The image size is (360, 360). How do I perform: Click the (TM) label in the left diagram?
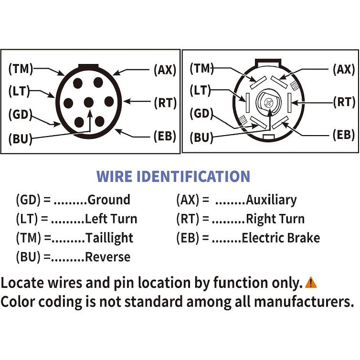click(x=21, y=69)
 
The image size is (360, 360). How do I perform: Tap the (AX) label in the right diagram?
click(x=344, y=69)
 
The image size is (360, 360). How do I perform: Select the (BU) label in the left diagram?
click(x=20, y=138)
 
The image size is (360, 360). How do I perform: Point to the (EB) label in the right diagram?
click(x=344, y=135)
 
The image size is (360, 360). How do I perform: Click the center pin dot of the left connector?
click(x=89, y=102)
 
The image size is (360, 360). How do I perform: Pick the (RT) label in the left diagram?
click(x=165, y=103)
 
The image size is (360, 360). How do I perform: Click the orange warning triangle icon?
click(x=311, y=282)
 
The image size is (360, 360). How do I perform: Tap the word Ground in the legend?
click(x=109, y=200)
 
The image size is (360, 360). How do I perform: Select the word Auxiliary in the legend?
click(x=271, y=200)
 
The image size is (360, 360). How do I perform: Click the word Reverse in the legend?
click(x=107, y=257)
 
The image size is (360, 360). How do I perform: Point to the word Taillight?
click(x=109, y=238)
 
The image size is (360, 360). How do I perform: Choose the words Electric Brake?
click(x=281, y=238)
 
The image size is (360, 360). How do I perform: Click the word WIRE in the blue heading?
click(x=114, y=176)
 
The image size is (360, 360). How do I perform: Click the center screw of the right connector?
click(x=268, y=102)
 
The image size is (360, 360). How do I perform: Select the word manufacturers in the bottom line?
click(x=304, y=302)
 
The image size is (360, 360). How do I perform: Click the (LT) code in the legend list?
click(x=27, y=219)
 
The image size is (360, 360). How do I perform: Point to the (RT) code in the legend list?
click(x=188, y=219)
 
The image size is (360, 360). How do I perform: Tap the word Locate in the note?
click(x=22, y=282)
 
